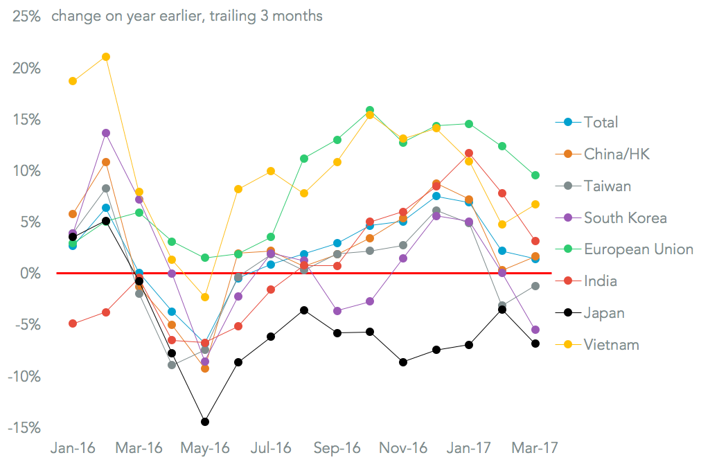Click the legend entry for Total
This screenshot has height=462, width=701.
coord(601,123)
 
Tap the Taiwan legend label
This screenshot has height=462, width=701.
coord(607,186)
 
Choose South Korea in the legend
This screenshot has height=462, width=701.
coord(625,218)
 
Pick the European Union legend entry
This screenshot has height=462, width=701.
coord(638,249)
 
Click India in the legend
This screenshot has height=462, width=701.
coord(600,281)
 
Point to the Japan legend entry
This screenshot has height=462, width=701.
coord(604,313)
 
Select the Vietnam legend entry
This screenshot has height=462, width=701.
coord(611,344)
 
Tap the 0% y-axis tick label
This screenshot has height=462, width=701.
coord(30,274)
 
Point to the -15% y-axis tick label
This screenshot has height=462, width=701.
coord(24,428)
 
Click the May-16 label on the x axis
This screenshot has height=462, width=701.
coord(206,447)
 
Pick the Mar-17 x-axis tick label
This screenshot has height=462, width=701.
coord(535,447)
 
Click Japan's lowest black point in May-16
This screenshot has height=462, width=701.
coord(205,422)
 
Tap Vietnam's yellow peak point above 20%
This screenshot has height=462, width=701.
coord(106,57)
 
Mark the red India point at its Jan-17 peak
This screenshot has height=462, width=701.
coord(469,153)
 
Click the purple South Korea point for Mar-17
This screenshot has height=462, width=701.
coord(535,330)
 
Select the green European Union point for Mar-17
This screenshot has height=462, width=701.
coord(535,175)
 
